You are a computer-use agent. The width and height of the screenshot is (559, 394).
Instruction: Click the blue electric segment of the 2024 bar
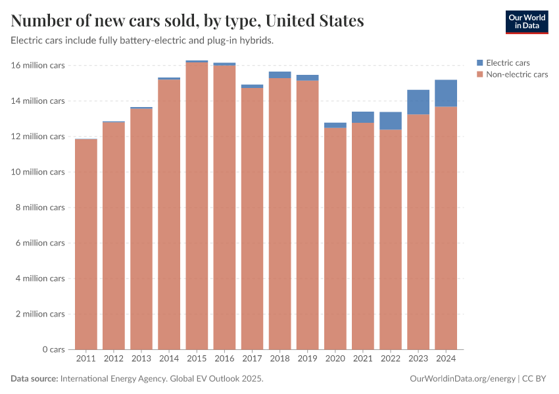(x=446, y=93)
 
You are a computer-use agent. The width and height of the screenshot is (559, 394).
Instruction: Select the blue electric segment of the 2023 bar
(x=418, y=102)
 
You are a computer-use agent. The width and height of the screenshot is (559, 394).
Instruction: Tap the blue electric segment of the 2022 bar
(x=391, y=121)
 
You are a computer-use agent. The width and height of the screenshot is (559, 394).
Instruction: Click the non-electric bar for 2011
(x=86, y=243)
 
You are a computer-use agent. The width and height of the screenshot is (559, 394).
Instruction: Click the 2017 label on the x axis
(x=252, y=359)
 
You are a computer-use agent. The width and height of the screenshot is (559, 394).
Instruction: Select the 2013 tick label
(x=141, y=359)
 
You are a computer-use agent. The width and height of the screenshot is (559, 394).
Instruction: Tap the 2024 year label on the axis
(x=446, y=359)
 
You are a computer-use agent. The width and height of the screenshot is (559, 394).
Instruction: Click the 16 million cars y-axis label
(x=38, y=66)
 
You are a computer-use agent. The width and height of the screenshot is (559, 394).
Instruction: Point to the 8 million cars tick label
(x=41, y=208)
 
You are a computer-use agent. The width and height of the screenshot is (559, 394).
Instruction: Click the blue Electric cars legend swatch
(x=479, y=63)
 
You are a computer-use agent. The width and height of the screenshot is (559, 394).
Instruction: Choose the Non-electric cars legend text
(x=516, y=74)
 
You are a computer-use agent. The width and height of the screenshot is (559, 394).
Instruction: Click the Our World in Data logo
(x=526, y=22)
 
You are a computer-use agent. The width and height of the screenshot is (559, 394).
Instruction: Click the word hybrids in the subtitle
(x=256, y=41)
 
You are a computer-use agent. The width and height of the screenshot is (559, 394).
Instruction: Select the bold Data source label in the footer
(x=34, y=379)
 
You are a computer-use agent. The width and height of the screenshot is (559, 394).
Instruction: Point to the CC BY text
(x=535, y=379)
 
